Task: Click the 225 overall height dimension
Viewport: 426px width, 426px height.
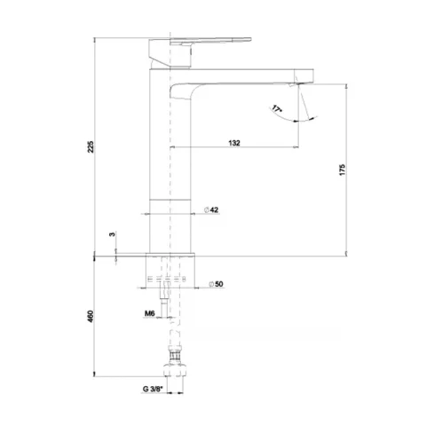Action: pos(91,147)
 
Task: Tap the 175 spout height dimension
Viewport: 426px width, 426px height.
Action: pos(343,170)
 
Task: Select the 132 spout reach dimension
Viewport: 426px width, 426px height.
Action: pos(234,143)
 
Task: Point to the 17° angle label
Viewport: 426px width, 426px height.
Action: pos(277,109)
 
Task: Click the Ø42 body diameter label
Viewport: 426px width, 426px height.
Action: pos(211,209)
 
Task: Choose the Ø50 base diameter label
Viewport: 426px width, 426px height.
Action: pos(216,284)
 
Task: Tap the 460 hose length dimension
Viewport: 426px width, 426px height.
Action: pos(91,316)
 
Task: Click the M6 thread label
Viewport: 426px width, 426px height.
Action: pos(150,313)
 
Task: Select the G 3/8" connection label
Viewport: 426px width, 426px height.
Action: pos(153,389)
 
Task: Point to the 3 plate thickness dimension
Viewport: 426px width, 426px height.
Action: pos(112,234)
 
